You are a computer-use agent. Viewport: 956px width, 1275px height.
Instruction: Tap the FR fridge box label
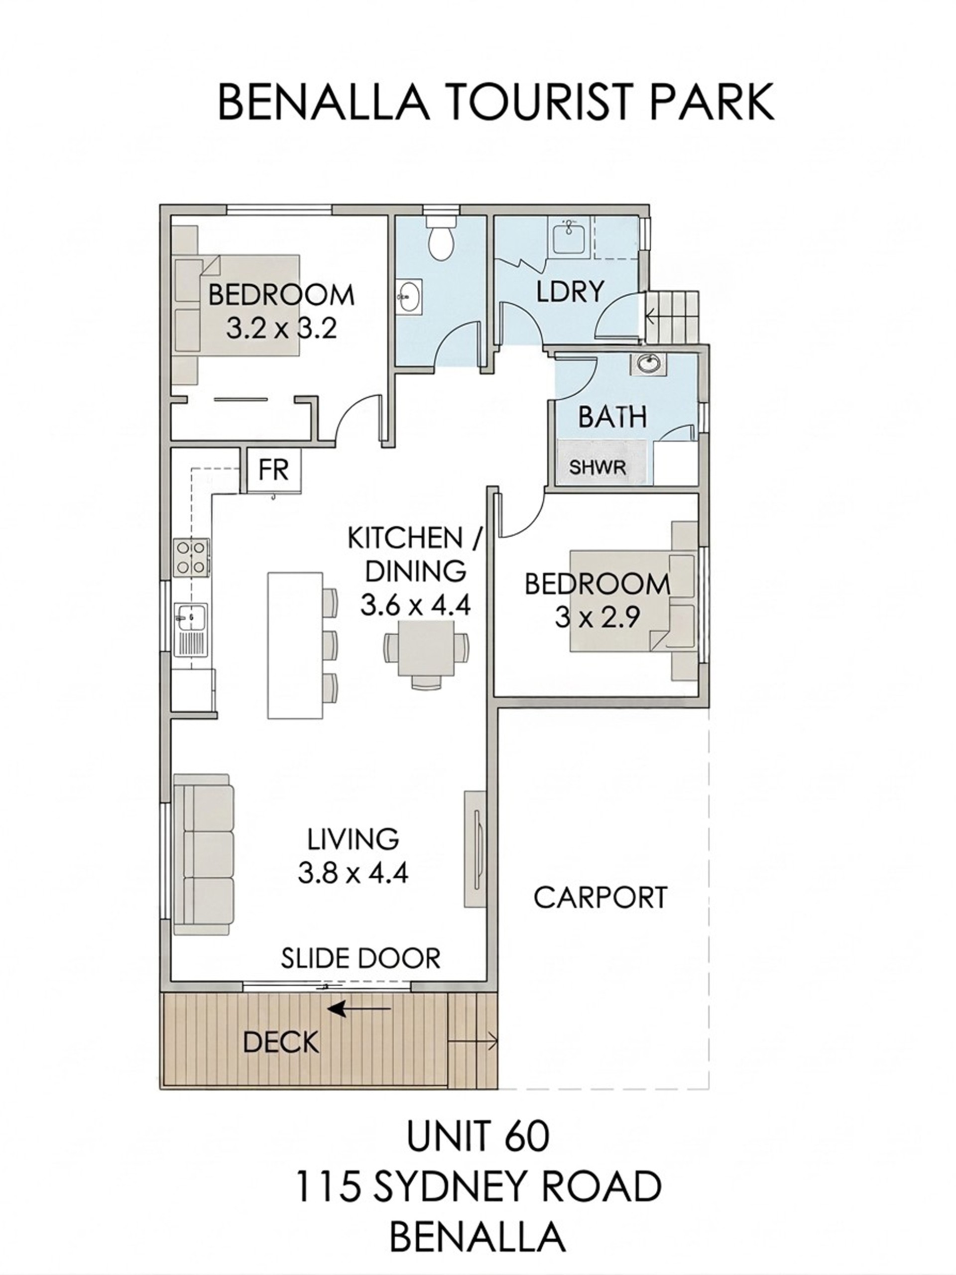273,470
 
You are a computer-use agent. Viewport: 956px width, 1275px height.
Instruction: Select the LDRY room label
570,291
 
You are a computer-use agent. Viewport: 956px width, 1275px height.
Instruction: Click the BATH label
612,417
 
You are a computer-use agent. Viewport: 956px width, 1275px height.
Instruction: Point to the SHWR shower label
597,467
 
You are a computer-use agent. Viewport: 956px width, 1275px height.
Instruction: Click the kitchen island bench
295,645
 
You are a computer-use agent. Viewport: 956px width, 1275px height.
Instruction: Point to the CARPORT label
600,898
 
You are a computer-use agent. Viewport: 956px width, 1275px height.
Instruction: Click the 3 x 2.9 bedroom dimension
597,618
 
